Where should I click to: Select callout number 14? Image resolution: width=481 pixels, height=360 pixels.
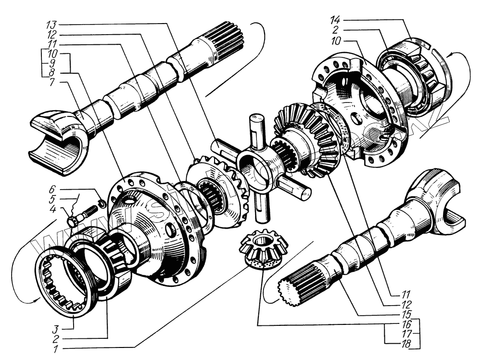pos(335,20)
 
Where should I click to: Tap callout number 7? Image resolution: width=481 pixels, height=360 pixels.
pos(52,83)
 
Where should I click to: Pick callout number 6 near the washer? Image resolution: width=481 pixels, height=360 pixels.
pos(55,189)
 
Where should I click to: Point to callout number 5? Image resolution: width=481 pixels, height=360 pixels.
pos(54,199)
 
